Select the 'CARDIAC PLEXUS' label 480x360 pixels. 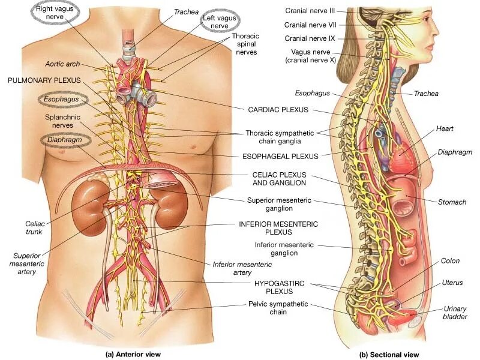coord(278,110)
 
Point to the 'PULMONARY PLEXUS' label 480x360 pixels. coord(44,80)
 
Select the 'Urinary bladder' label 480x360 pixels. coord(455,313)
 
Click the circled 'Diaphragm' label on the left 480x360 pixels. coord(65,140)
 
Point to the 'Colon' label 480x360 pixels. coord(450,261)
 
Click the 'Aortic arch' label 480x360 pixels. coord(62,64)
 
